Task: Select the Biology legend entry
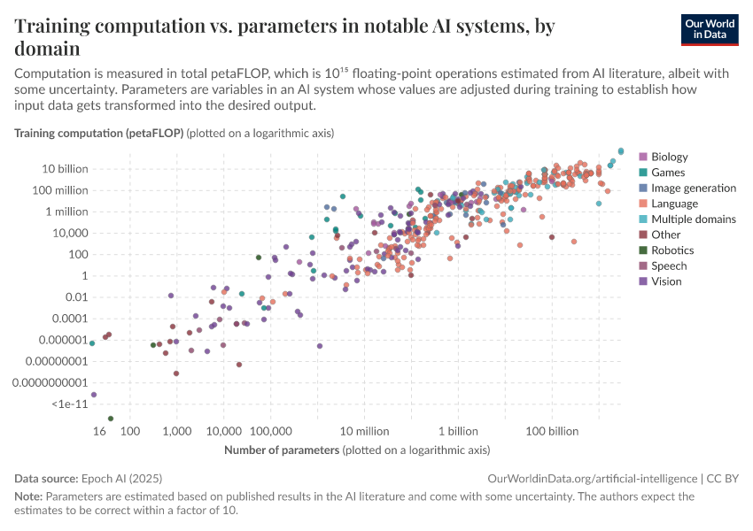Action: click(669, 158)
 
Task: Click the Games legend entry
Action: click(667, 173)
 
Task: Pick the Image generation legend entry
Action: click(693, 189)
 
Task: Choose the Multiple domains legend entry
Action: click(693, 219)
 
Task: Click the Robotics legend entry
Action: click(672, 250)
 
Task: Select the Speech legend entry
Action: click(669, 265)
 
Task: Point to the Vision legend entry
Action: click(666, 281)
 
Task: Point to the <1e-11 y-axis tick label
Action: click(69, 404)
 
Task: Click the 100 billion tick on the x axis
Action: click(552, 431)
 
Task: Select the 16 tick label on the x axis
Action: click(100, 431)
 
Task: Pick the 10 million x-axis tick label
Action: click(364, 431)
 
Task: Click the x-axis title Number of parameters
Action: click(282, 450)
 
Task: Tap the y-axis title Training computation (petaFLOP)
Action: click(98, 133)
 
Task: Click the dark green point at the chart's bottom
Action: click(111, 419)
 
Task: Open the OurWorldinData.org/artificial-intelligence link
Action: click(592, 478)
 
